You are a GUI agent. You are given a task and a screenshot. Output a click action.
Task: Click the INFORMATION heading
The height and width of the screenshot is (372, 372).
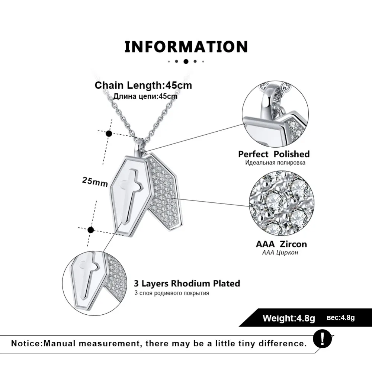[186, 46]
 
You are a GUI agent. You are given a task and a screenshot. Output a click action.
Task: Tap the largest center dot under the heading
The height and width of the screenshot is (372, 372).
[186, 61]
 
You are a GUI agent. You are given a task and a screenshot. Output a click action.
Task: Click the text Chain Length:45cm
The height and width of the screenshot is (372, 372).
[143, 86]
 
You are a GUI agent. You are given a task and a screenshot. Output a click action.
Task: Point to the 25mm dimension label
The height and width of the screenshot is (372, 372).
[95, 182]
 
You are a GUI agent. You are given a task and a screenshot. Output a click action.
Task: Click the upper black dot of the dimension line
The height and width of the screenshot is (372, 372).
[109, 134]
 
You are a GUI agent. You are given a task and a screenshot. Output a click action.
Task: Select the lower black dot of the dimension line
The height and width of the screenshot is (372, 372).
[91, 230]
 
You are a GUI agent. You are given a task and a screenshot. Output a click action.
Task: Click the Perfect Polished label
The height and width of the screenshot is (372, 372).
[274, 154]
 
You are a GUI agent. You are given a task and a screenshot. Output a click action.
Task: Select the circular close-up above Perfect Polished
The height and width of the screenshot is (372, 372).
[275, 113]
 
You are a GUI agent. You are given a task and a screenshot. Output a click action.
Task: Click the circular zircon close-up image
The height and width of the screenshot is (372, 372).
[282, 203]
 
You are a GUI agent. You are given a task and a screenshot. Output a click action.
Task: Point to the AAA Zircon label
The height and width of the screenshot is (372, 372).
[281, 244]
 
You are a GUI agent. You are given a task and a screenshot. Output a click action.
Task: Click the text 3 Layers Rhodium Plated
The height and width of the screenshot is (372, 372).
[187, 283]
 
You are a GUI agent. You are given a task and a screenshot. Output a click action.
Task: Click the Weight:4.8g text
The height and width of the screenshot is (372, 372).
[289, 318]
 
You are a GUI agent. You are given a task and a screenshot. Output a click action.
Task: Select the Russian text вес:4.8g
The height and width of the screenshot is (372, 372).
[341, 317]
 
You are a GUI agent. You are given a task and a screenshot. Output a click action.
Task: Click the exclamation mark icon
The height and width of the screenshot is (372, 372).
[322, 339]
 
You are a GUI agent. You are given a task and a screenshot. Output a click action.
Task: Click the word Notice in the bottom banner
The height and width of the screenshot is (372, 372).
[26, 343]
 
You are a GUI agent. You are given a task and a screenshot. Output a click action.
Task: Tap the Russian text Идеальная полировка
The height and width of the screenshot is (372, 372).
[275, 163]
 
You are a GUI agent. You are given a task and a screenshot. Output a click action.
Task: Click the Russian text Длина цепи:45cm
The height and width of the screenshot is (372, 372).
[145, 96]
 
